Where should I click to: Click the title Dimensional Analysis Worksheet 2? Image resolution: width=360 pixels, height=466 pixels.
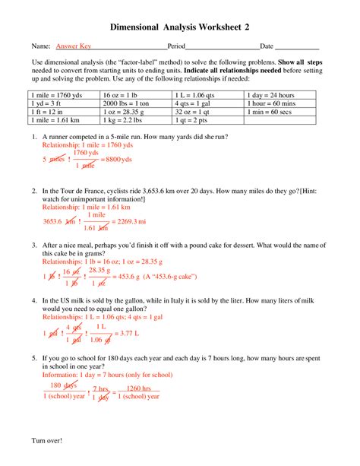(x=180, y=27)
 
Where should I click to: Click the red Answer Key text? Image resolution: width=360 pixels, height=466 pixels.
(x=73, y=46)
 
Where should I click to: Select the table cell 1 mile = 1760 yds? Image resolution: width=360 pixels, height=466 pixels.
(x=54, y=95)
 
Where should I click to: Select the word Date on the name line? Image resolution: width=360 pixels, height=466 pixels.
(x=267, y=46)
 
